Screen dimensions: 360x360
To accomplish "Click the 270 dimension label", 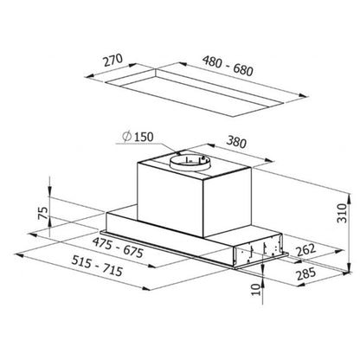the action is (x=113, y=60).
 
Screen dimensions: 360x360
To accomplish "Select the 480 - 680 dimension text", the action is (x=228, y=66).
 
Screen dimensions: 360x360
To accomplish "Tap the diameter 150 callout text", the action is (x=138, y=137).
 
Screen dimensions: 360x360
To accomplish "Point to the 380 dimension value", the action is (x=236, y=142).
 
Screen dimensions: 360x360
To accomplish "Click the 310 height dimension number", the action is (x=343, y=213).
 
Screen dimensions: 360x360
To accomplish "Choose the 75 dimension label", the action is (x=43, y=213).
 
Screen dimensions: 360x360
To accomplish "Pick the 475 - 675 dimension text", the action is (x=118, y=247).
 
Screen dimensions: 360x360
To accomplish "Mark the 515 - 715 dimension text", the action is (x=97, y=266).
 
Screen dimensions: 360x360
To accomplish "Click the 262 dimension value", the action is (x=305, y=250).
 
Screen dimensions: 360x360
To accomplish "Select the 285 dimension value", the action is (x=306, y=273).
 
